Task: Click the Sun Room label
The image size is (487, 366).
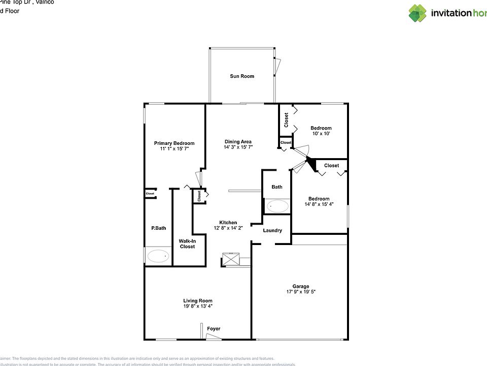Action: [242, 76]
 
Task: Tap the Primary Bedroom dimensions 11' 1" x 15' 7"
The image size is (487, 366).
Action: [174, 149]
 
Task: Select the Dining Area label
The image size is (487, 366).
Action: [238, 142]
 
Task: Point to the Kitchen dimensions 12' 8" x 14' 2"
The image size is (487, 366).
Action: [228, 228]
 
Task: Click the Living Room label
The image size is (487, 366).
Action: [198, 300]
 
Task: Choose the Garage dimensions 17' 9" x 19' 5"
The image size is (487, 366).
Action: [300, 292]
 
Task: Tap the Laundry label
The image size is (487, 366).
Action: [272, 231]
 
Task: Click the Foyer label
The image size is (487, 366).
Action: [214, 329]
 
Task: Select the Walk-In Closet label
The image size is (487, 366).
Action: [187, 243]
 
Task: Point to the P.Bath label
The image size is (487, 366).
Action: [158, 228]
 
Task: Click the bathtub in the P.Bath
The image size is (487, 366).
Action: [159, 256]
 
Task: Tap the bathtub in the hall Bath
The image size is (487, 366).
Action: [277, 206]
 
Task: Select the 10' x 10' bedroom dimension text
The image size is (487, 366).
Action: [321, 134]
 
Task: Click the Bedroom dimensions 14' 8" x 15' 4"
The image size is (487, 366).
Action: [319, 204]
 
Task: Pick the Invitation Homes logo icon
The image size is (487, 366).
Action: [418, 13]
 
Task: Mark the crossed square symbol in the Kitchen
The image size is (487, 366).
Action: [231, 259]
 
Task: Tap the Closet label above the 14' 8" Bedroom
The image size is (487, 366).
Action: [331, 165]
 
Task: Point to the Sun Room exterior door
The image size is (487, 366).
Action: [277, 65]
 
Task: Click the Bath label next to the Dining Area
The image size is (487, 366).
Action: [276, 187]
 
